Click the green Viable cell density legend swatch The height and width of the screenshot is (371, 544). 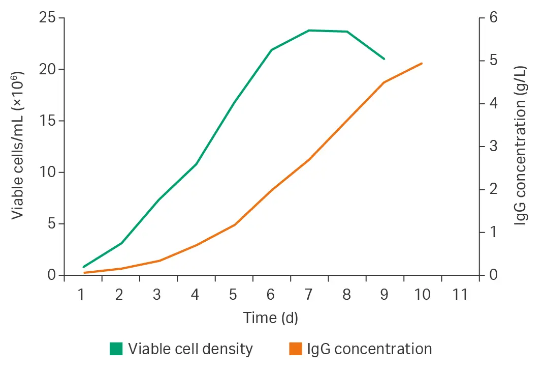(x=116, y=349)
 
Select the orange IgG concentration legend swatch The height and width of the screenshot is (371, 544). (x=295, y=349)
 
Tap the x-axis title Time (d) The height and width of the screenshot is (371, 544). (x=271, y=318)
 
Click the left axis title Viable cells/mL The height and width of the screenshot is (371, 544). (x=18, y=147)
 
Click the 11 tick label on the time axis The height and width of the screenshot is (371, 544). (x=460, y=295)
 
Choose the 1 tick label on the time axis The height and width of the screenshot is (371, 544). (x=81, y=295)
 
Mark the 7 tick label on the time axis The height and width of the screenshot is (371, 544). (x=308, y=295)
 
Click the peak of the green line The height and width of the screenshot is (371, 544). (x=309, y=31)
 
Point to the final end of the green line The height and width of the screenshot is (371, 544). (x=385, y=59)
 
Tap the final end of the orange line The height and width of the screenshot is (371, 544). (x=422, y=63)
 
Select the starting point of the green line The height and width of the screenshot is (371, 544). (x=83, y=267)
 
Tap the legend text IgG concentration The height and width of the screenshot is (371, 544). (x=369, y=349)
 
